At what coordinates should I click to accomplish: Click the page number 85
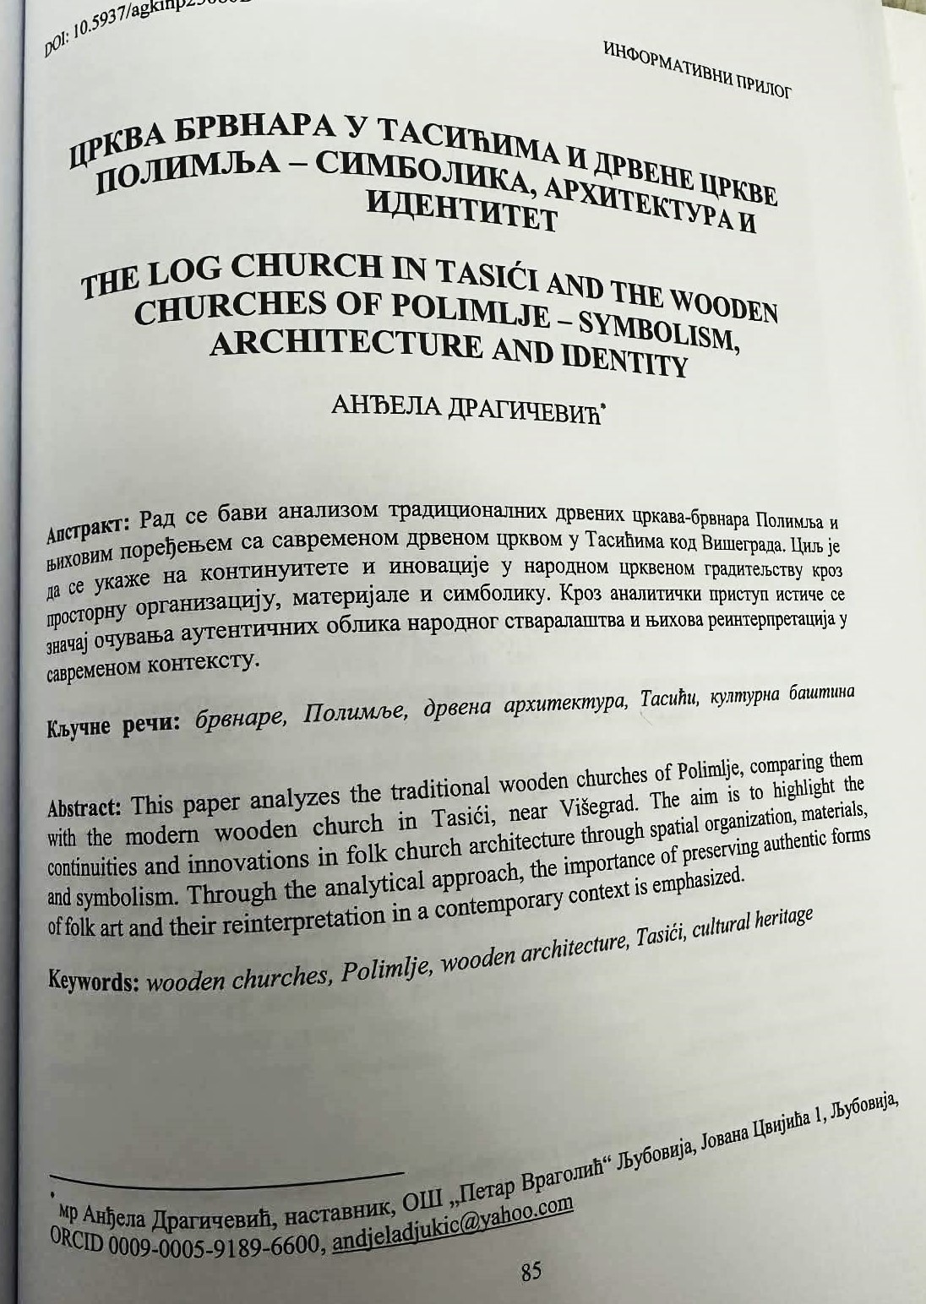click(x=531, y=1271)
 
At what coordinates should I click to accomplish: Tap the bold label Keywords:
click(x=93, y=980)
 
